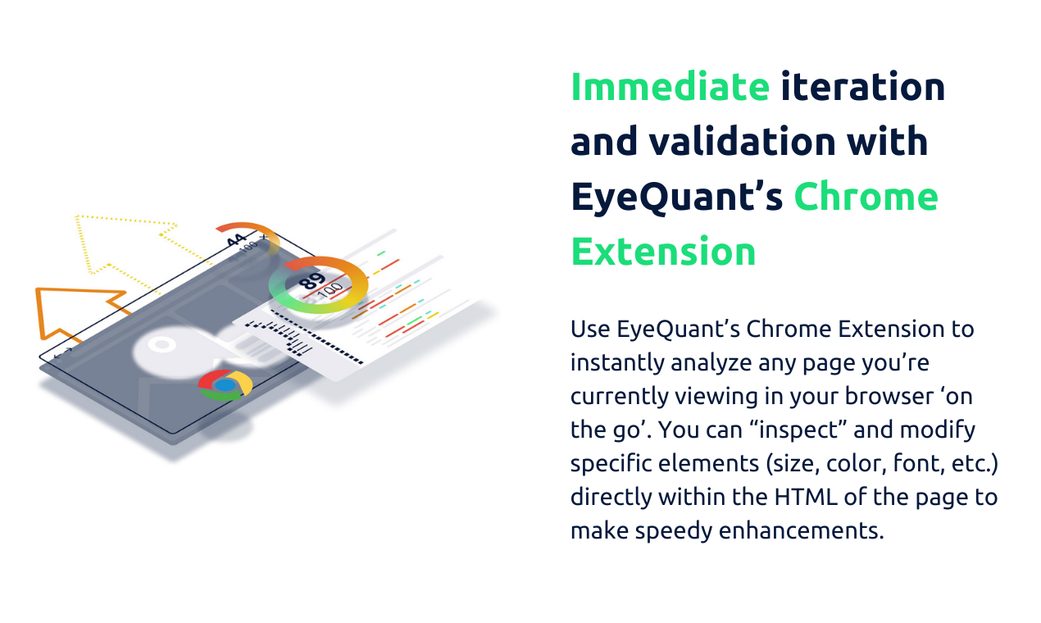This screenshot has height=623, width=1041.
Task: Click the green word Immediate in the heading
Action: coord(670,87)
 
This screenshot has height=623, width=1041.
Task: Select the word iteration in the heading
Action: coord(863,87)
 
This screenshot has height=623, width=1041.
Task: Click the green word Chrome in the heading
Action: coord(866,197)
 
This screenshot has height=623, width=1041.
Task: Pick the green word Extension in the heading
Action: coord(663,252)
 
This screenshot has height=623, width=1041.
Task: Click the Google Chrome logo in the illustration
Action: coord(225,384)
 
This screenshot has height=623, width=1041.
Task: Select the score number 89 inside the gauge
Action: coord(312,282)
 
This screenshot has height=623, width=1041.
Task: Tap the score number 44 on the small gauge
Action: coord(236,240)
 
